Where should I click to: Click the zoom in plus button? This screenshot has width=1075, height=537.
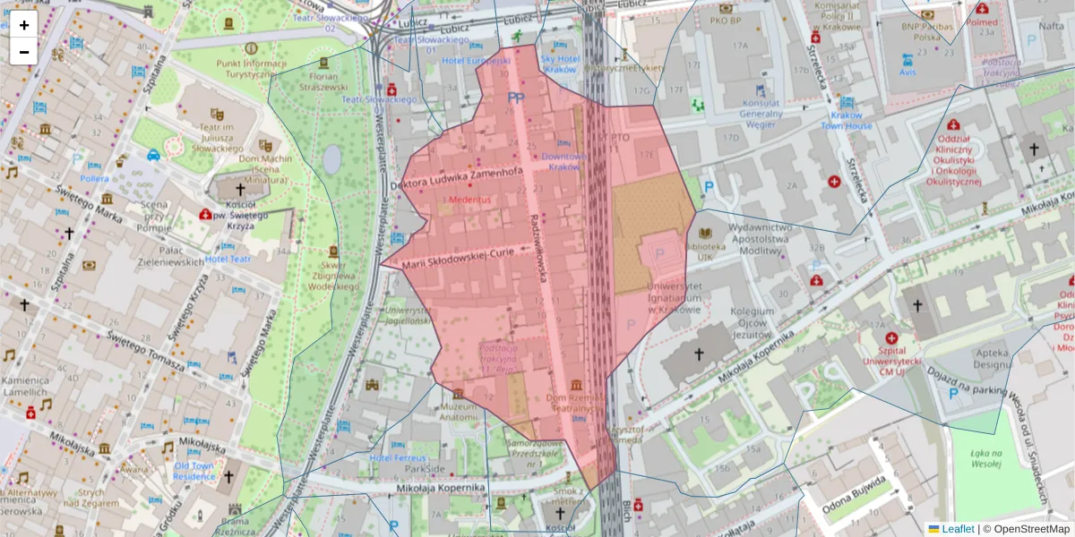[24, 25]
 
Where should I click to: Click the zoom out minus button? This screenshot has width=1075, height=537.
[24, 52]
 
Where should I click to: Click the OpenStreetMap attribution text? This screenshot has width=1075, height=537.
[1027, 529]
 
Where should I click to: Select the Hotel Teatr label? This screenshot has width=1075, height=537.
[229, 259]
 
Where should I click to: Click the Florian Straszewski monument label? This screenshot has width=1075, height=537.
[322, 82]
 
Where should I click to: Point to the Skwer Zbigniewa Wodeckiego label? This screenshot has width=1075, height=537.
[333, 276]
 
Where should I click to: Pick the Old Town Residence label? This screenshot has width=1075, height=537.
[194, 472]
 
